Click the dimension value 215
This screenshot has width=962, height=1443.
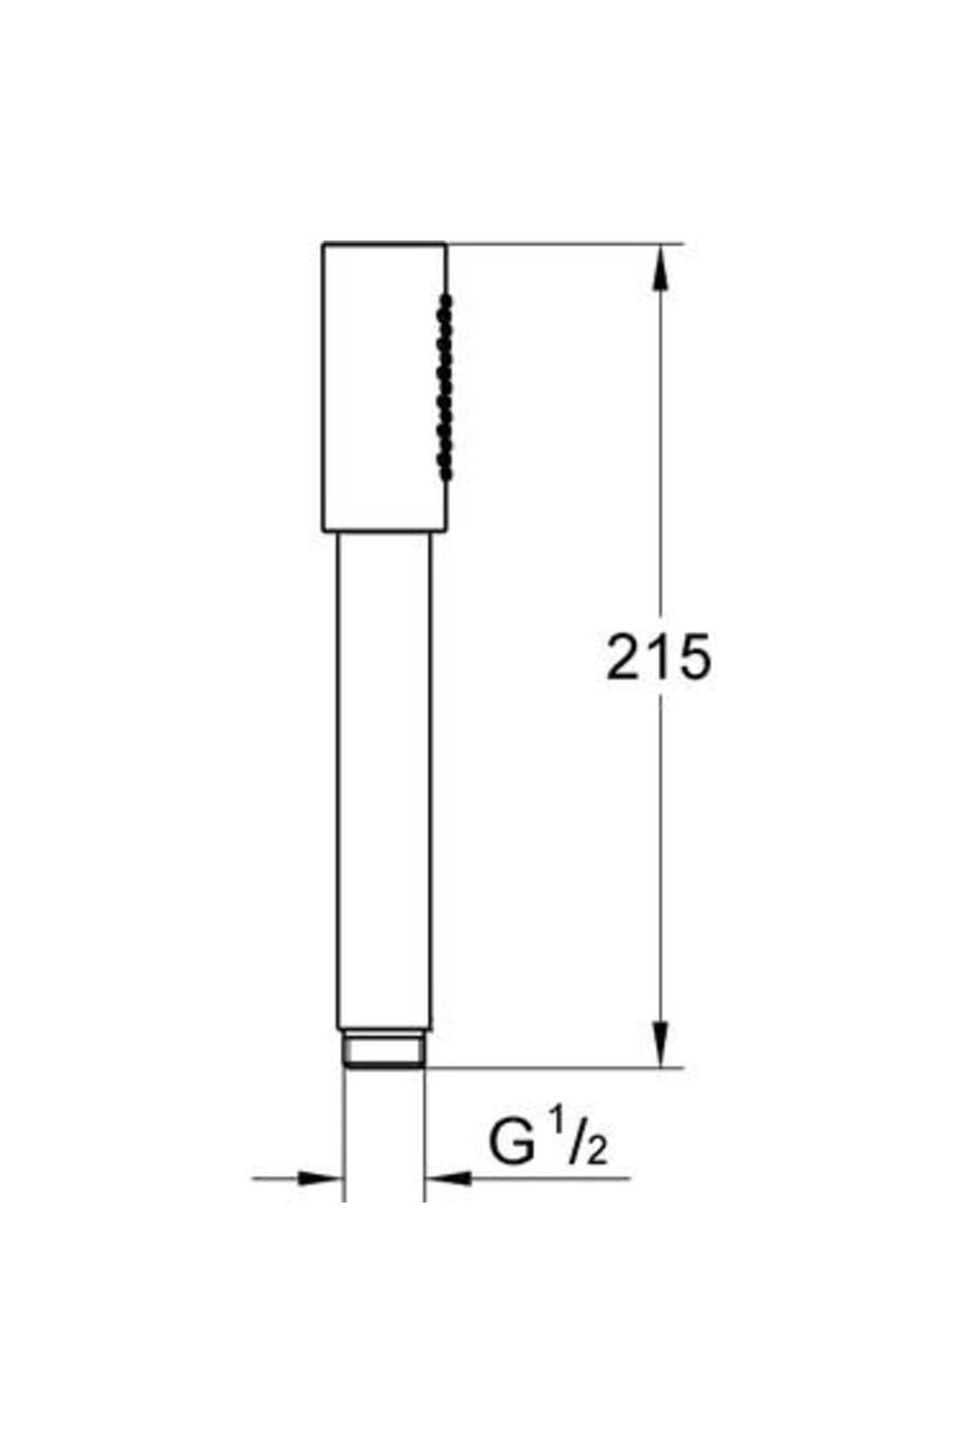[x=658, y=657]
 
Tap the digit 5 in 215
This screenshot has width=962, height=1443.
[x=694, y=657]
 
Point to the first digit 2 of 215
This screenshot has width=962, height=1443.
[x=623, y=657]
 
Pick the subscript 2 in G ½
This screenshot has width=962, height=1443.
[x=597, y=1151]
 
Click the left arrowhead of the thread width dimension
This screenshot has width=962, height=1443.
[x=320, y=1178]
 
